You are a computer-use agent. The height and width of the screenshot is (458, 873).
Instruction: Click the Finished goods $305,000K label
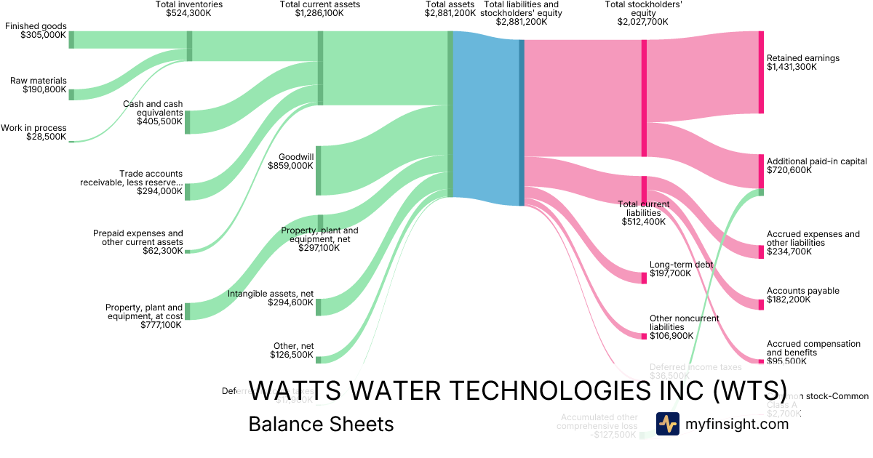36,31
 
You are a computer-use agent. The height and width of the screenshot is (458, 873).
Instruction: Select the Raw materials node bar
71,93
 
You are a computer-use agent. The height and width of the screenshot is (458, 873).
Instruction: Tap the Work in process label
33,132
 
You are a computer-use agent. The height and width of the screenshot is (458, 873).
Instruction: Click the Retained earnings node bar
761,72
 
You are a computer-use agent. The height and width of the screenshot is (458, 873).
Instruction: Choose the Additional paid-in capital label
816,166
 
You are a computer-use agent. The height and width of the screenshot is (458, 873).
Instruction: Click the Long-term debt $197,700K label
681,269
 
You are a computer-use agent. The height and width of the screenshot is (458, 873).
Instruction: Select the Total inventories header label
189,9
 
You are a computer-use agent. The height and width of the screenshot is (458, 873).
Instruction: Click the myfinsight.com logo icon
667,424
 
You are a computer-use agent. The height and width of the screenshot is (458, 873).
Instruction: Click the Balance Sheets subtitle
321,425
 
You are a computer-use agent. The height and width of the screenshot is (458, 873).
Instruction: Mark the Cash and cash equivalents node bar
187,122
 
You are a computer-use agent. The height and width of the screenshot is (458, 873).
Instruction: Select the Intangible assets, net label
271,298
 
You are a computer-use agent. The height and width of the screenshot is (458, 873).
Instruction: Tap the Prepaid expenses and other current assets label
137,242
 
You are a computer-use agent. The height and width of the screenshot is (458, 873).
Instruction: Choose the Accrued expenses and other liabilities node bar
761,252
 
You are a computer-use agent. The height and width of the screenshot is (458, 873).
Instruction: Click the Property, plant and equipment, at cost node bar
187,311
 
